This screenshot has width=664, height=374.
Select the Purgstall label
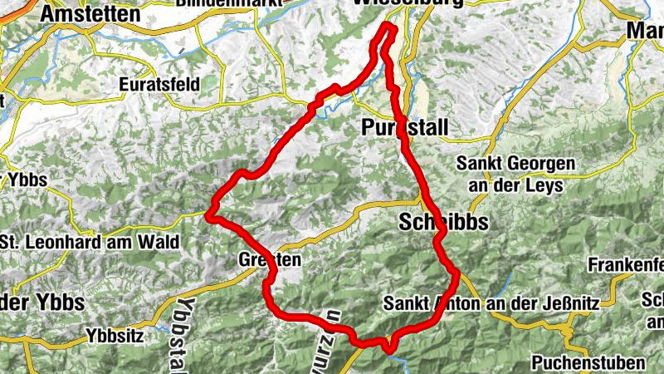(404, 127)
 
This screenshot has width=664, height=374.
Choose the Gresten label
(269, 259)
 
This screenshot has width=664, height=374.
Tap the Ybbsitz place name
(115, 337)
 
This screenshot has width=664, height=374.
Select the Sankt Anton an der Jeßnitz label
(491, 303)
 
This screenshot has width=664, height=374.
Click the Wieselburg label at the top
(406, 3)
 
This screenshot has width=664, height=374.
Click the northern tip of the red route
(388, 27)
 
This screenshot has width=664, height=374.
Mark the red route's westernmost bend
(210, 218)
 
